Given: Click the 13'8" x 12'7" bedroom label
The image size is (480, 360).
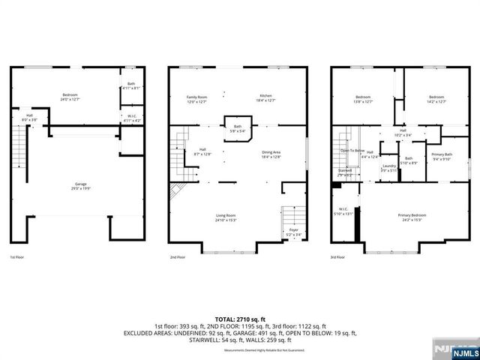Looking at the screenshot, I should (363, 99).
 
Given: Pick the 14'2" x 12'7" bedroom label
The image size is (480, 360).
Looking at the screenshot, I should (436, 99).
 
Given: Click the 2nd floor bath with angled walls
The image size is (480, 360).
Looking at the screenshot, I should (237, 128).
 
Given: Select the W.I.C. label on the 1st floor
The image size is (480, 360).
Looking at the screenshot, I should (130, 118).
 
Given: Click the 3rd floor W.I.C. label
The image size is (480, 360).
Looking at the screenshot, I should (344, 211).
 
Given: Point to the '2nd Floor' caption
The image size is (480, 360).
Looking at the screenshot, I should (177, 257).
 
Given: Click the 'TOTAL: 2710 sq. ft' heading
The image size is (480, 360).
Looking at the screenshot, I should (239, 319).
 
